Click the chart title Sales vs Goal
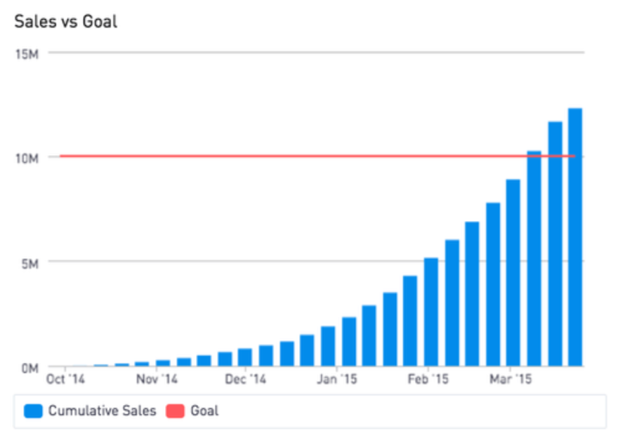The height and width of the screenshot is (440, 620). (66, 22)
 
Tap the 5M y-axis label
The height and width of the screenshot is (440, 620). (29, 262)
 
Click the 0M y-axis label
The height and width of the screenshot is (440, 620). (29, 367)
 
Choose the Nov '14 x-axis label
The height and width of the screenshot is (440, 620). (157, 380)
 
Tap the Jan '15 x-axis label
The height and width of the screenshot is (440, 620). (338, 380)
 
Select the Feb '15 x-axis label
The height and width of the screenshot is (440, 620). (428, 380)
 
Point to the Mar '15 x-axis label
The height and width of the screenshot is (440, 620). (510, 380)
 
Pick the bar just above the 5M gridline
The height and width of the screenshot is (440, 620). (431, 312)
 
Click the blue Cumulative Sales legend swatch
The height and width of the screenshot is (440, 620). (33, 411)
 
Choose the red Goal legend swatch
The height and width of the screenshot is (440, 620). (175, 411)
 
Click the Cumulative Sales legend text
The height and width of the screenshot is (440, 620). (102, 411)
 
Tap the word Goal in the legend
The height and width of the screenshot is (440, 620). (204, 411)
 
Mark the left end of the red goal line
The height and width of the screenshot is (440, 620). (61, 156)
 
